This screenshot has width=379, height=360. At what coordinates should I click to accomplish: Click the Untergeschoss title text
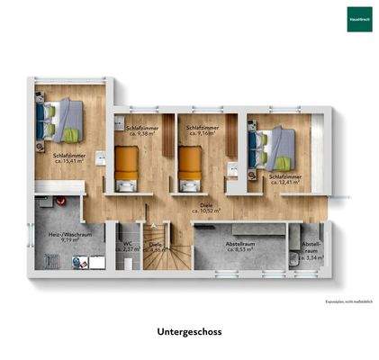189,331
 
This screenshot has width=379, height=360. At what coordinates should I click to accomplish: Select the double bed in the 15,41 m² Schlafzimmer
61,119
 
